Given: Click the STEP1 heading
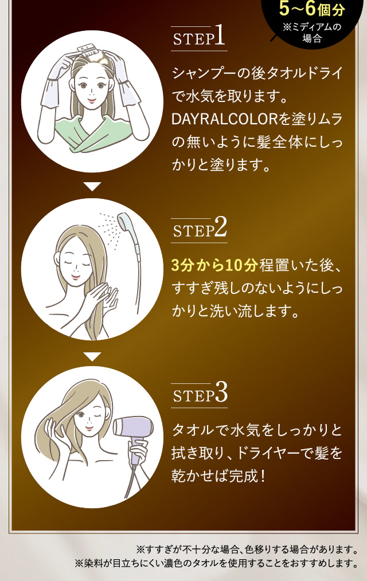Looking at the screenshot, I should click(x=198, y=39).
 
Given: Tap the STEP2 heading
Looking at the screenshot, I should click(x=200, y=229).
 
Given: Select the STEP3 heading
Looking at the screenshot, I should click(x=200, y=394).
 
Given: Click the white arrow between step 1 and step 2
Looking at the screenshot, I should click(x=92, y=186).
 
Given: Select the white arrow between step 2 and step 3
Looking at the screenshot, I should click(x=92, y=356).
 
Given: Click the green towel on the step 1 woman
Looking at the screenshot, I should click(x=92, y=133).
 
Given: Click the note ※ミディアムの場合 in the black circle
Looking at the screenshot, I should click(x=312, y=33).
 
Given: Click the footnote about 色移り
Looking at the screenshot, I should click(x=247, y=548).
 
